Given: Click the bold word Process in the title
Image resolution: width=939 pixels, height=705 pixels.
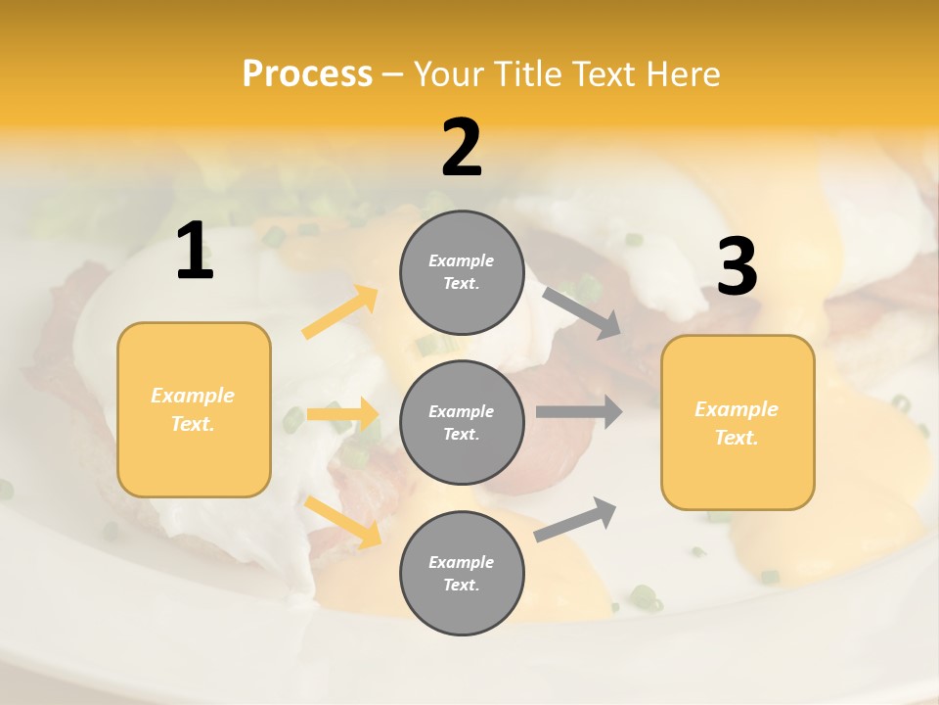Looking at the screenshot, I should [x=307, y=74].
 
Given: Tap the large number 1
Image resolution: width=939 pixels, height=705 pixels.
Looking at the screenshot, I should [x=195, y=252].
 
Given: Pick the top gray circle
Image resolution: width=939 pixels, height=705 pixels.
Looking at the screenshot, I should [x=462, y=272].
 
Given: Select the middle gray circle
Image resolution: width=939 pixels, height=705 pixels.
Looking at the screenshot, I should [x=462, y=422].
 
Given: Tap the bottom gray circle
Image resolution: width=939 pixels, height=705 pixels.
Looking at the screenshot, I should [x=462, y=573].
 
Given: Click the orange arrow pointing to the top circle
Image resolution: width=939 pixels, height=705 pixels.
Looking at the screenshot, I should [x=341, y=312].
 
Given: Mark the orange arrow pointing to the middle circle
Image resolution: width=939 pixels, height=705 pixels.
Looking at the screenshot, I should [x=343, y=414].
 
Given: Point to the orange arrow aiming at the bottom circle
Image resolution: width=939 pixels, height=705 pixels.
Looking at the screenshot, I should [x=343, y=521].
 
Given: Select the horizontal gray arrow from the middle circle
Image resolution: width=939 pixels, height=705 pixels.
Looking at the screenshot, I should [x=579, y=411].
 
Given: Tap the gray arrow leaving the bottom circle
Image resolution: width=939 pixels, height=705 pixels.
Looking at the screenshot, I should [x=575, y=519].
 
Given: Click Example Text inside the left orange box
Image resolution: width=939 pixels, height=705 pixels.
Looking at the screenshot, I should [x=193, y=409].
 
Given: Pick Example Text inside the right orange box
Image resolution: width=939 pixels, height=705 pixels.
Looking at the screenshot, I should [x=737, y=423].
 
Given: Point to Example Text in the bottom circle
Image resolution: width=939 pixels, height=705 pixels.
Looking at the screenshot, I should [x=462, y=573].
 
